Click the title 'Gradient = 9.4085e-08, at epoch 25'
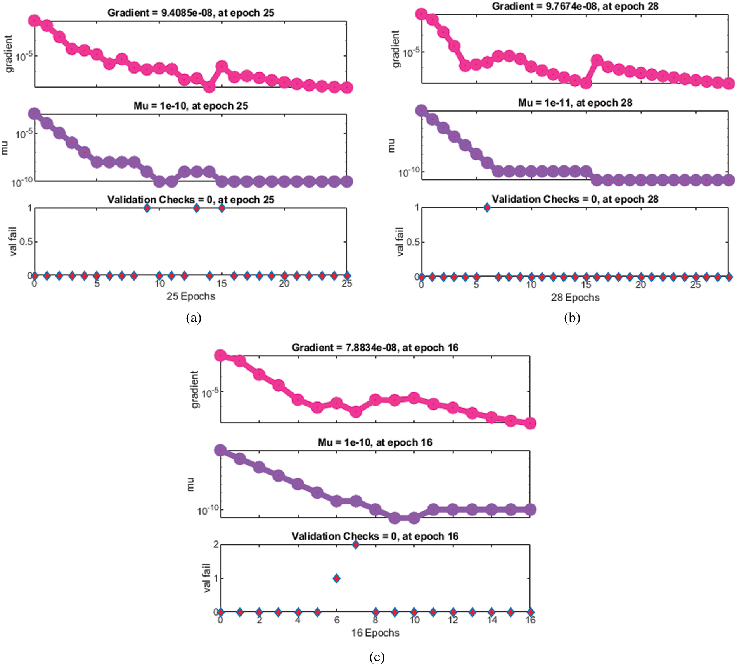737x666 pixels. point(191,13)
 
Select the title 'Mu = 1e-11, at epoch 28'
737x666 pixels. point(575,103)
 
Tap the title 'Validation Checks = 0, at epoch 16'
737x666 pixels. point(375,536)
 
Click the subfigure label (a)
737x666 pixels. point(194,318)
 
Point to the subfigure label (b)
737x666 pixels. point(572,318)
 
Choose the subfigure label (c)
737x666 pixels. point(377,657)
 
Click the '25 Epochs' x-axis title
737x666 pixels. point(190,296)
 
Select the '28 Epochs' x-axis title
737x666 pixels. point(575,298)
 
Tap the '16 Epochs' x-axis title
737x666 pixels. point(375,633)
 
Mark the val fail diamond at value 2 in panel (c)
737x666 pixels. point(356,544)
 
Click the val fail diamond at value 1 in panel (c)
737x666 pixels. point(336,578)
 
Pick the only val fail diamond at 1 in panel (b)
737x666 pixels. point(487,207)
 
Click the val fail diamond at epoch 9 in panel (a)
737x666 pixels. point(147,208)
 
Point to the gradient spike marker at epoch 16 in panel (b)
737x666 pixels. point(597,60)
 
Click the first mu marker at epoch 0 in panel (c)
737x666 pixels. point(220,450)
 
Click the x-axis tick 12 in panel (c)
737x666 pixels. point(453,620)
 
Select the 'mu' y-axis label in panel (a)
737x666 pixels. point(5,148)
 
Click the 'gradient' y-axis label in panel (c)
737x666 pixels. point(194,389)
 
